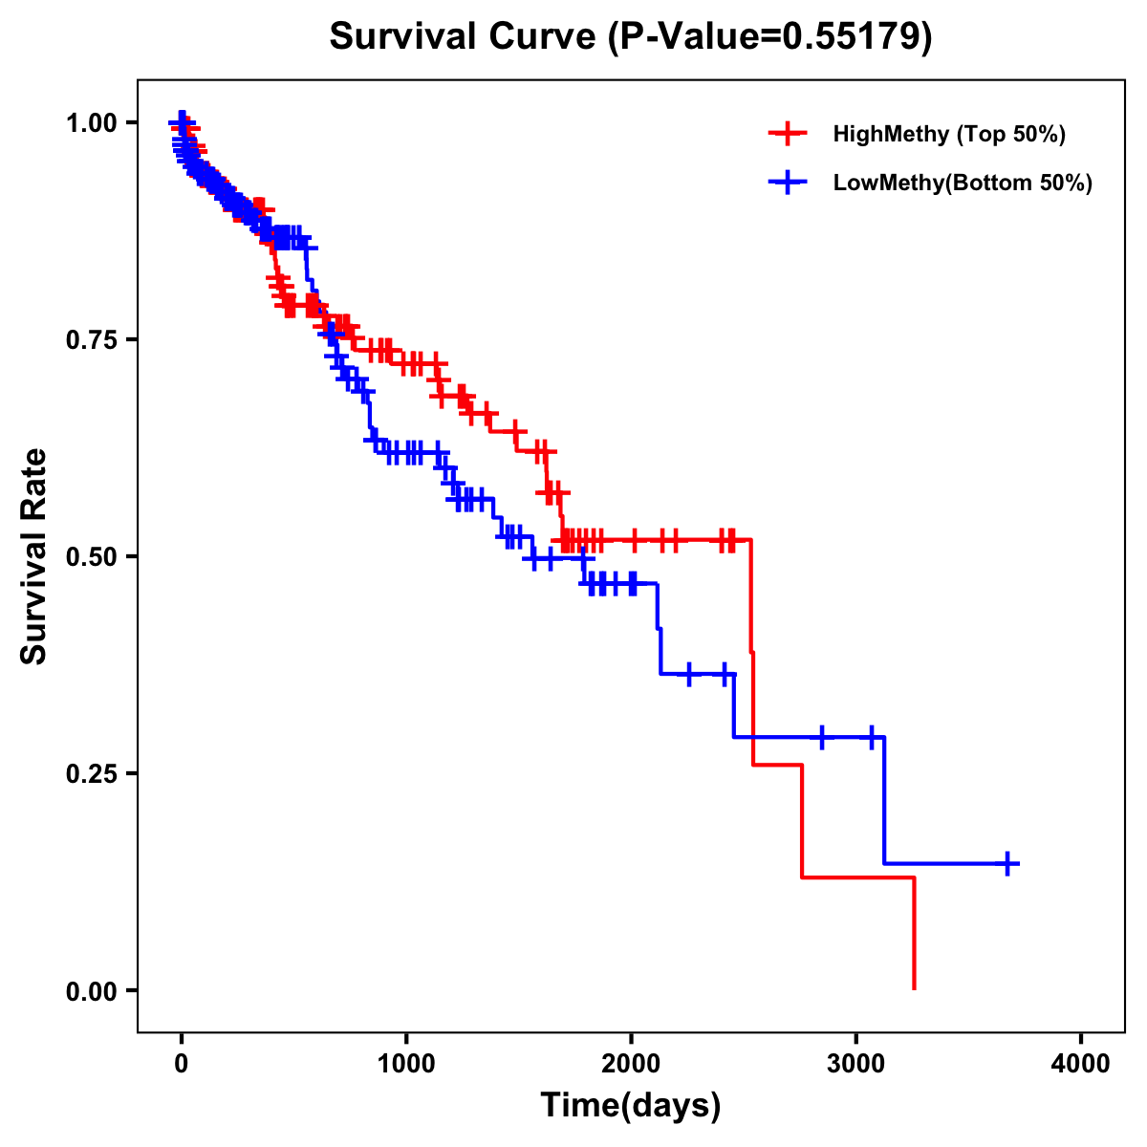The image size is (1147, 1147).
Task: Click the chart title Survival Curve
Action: (465, 36)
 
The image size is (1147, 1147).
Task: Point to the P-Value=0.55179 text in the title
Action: (770, 36)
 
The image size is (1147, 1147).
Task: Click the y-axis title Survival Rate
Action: (34, 556)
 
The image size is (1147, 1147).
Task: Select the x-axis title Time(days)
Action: (631, 1106)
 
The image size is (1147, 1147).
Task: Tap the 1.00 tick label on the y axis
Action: (92, 122)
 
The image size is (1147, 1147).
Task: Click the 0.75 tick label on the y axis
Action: (92, 339)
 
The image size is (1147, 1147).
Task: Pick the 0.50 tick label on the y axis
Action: (92, 556)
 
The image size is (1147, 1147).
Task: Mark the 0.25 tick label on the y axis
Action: (92, 773)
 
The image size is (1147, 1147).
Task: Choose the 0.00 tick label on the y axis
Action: (92, 990)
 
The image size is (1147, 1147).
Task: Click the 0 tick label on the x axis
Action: (182, 1064)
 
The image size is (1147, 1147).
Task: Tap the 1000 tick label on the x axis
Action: (406, 1064)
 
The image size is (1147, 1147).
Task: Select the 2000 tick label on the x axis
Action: (631, 1064)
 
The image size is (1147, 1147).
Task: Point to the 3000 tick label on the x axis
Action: (856, 1064)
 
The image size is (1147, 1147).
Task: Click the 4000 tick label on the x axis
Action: (1081, 1064)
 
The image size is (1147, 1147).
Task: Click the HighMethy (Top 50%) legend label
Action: (949, 134)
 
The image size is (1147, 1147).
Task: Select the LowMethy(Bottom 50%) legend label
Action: (963, 183)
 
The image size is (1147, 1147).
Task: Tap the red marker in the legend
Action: (788, 134)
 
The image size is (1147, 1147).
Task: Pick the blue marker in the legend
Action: (788, 183)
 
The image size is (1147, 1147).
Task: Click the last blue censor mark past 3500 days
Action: (1006, 863)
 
